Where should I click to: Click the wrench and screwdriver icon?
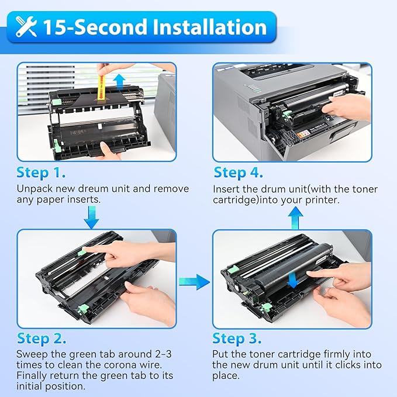[27, 27]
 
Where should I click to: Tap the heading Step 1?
[42, 172]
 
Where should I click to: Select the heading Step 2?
[42, 338]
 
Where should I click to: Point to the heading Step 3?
[237, 338]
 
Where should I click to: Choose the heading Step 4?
[238, 172]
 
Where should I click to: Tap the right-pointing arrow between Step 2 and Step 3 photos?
[195, 282]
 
